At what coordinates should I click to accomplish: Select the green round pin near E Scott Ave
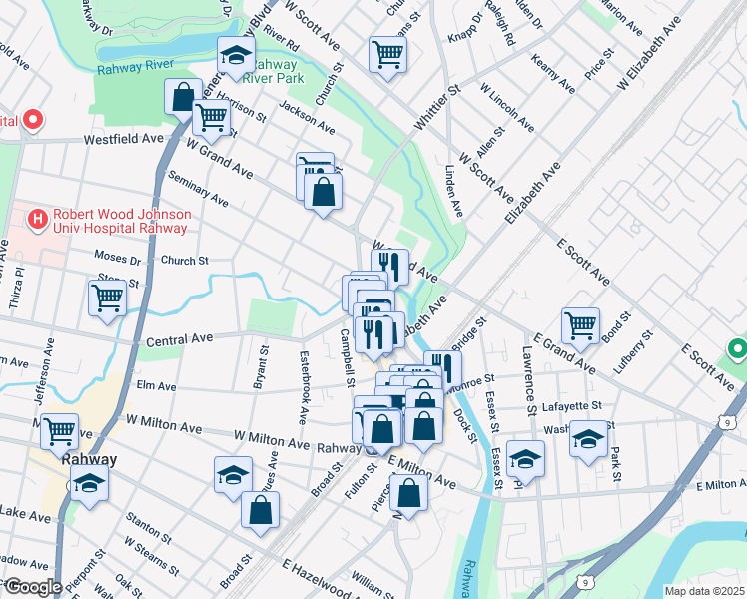point(737,350)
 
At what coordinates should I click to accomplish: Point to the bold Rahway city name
point(89,460)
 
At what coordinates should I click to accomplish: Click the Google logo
point(32,586)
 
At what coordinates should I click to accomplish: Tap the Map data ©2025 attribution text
point(703,590)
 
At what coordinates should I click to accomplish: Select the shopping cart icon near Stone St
point(107,297)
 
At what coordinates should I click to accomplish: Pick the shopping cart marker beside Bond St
point(580,324)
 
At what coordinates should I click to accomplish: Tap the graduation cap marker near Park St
point(589,438)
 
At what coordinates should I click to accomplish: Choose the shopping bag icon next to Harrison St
point(183,98)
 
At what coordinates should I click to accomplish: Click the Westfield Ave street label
point(123,140)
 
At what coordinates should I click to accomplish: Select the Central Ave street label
point(181,339)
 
